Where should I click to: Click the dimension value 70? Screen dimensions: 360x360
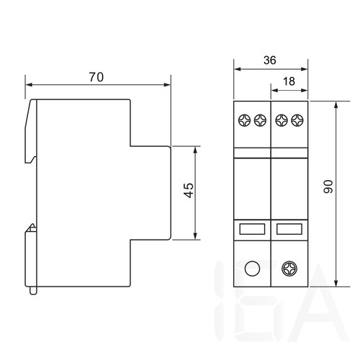pos(96,77)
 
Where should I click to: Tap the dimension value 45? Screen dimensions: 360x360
pos(189,190)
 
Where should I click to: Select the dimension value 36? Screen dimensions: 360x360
pos(270,60)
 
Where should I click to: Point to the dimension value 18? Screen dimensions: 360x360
pos(289,81)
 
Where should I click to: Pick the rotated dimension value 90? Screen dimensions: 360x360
pos(328,186)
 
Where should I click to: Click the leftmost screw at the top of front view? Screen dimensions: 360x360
pos(244,120)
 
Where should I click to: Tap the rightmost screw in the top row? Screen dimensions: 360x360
pos(297,120)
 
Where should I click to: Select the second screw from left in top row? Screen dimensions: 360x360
pos(260,120)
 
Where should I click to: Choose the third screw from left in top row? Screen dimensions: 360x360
pos(282,120)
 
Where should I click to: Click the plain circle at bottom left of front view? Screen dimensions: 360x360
pos(252,269)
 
